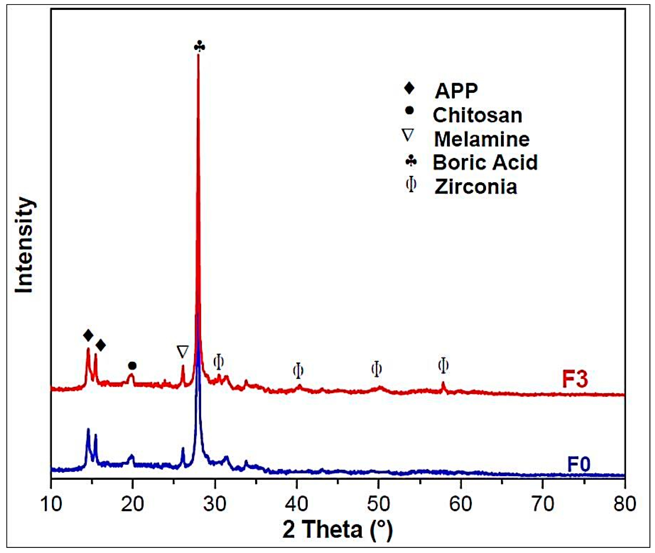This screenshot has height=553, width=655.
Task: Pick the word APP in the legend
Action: click(456, 91)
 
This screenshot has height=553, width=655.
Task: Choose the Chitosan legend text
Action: click(477, 115)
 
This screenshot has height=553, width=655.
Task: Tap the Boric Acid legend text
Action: click(485, 162)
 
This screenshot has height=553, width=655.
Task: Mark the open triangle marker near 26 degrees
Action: click(182, 351)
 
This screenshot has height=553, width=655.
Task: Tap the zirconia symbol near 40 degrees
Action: click(298, 371)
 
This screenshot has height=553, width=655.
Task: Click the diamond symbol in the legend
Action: click(409, 88)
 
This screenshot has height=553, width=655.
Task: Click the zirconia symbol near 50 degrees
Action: click(376, 369)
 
